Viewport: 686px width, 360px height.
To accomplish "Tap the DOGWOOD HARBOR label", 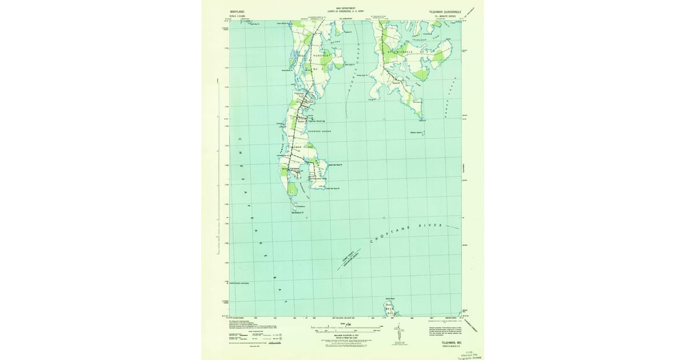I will coord(320,131).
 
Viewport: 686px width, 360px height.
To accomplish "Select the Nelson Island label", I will coord(416,133).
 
